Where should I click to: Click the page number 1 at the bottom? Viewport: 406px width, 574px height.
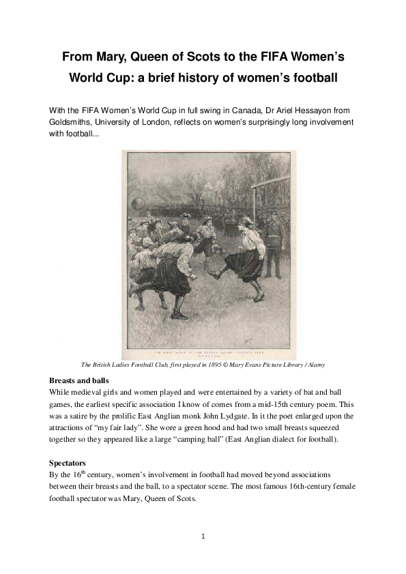(203, 537)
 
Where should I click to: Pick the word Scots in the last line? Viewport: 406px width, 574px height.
(184, 498)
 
